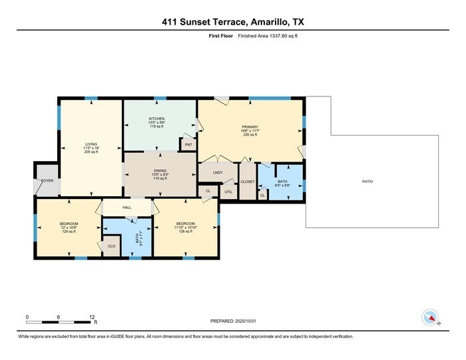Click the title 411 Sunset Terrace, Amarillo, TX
coord(233,21)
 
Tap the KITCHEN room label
coord(156,118)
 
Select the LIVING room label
coord(91,143)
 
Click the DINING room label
coord(160,170)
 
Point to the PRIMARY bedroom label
coord(250,126)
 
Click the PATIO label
coord(367,182)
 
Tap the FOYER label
coord(47,180)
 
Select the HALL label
coord(126,208)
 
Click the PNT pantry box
coord(188,144)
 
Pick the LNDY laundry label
coord(217,173)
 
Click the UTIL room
coord(228,192)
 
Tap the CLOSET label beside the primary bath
coord(248,181)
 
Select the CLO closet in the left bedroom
coord(111,246)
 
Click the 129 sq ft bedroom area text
coord(69,231)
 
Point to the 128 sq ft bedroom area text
coord(185,231)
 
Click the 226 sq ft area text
coord(250,134)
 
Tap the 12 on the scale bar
coord(92,317)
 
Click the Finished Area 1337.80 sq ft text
coord(268,36)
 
